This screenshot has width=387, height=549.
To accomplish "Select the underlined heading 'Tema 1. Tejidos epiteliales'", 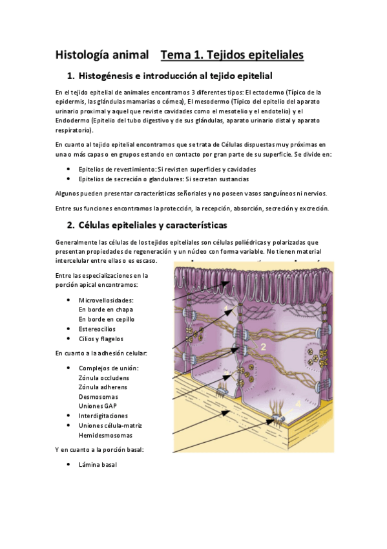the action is pyautogui.click(x=232, y=54).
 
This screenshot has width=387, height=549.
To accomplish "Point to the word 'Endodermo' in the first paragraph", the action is pyautogui.click(x=72, y=120).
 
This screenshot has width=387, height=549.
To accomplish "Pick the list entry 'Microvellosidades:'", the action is pyautogui.click(x=106, y=300).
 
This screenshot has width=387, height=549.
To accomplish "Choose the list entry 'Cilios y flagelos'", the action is pyautogui.click(x=101, y=339).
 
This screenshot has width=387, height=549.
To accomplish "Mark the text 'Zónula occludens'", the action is pyautogui.click(x=103, y=377).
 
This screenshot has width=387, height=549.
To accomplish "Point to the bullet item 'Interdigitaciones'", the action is pyautogui.click(x=103, y=416).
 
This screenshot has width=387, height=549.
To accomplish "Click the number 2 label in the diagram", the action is pyautogui.click(x=263, y=347).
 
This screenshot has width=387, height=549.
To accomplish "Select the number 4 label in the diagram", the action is pyautogui.click(x=298, y=403).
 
